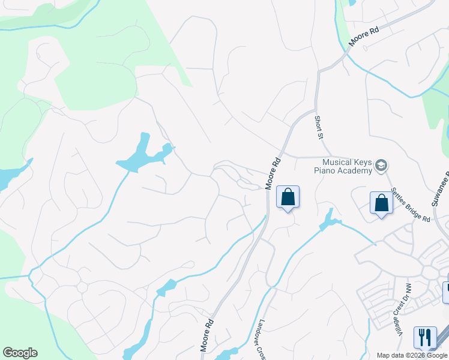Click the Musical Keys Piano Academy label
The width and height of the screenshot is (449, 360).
[347, 166]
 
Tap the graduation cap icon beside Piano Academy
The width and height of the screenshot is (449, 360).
[381, 165]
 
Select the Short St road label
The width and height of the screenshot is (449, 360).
[319, 127]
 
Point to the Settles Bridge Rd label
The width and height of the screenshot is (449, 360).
[411, 205]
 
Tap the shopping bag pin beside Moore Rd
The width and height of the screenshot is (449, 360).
[288, 197]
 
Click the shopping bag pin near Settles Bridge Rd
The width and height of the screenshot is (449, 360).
[381, 203]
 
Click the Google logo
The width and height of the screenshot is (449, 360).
[20, 353]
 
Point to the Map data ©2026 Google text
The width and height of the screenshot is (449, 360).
[412, 355]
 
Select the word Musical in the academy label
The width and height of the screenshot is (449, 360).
[337, 162]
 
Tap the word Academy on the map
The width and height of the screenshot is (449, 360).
[356, 171]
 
